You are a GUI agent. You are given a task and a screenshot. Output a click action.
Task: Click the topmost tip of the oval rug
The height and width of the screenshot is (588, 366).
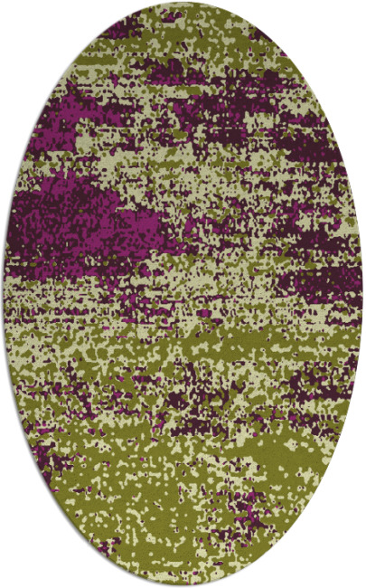[x=183, y=4]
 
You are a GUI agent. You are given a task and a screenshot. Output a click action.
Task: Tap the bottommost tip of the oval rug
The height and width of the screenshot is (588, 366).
[x=183, y=584]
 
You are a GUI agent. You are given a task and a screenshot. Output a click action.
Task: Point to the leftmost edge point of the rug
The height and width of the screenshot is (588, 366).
[x=4, y=294]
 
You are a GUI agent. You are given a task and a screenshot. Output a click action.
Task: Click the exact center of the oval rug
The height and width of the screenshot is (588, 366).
[x=183, y=294]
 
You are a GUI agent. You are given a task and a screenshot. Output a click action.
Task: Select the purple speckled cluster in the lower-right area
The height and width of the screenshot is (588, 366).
[x=307, y=389]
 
